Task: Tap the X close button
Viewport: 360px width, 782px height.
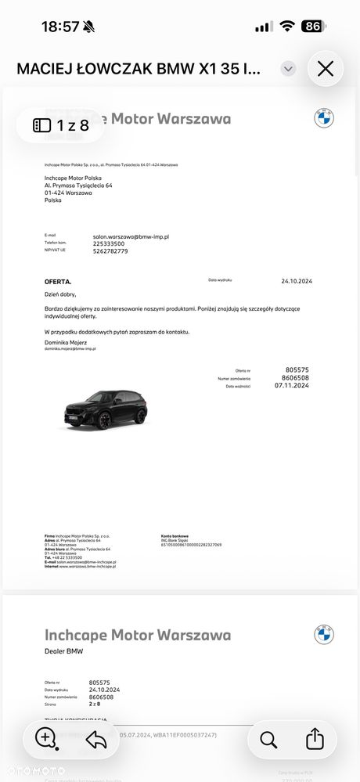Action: pos(326,69)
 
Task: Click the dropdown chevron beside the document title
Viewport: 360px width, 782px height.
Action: pos(289,69)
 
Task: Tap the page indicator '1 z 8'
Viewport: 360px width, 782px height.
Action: pos(61,124)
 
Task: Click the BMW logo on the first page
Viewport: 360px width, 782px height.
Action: pos(324,118)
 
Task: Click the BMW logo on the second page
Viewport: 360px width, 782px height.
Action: pos(324,634)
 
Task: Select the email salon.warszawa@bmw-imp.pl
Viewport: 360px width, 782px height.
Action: pos(131,236)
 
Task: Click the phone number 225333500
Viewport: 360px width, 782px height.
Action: pos(109,243)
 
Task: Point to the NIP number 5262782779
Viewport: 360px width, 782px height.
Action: pos(110,251)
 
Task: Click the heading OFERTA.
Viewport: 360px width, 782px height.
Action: pos(58,281)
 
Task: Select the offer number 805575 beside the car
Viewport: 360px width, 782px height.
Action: pos(297,369)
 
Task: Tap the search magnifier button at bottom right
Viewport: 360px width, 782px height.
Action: pos(268,738)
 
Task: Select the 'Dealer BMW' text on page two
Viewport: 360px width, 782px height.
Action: pos(63,651)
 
